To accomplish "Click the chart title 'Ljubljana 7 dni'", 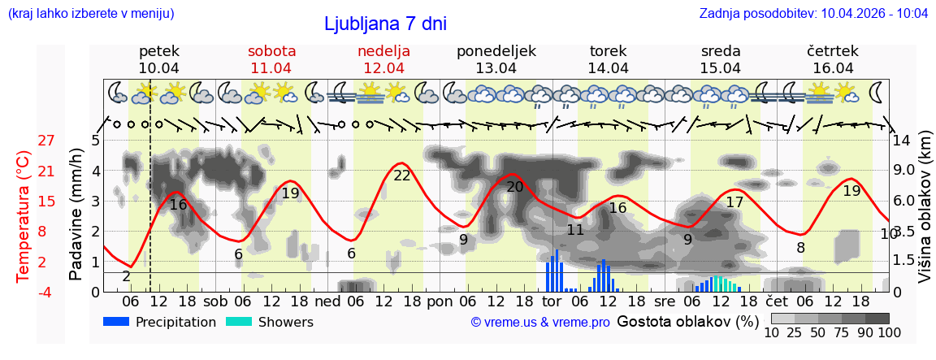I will pos(385,24).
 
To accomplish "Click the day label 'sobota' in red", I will pos(271,50).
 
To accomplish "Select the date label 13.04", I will pos(496,68).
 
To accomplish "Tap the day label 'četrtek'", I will pos(833,50).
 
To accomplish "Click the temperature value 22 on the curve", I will pos(402,175).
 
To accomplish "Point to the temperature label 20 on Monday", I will pos(515,187).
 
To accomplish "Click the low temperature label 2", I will pos(126,276).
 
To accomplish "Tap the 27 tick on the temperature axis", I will pos(46,140).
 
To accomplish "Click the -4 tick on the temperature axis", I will pos(46,292).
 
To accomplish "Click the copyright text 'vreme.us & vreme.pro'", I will pos(540,323).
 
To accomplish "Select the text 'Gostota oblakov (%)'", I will pos(687,321).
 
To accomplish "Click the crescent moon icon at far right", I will pos(876,92).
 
